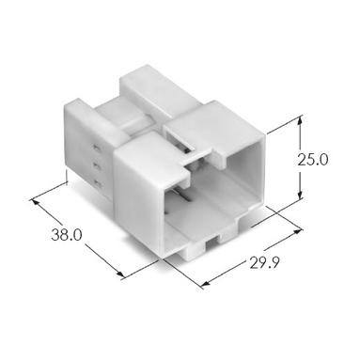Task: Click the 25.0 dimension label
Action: click(312, 160)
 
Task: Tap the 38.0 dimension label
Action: click(67, 235)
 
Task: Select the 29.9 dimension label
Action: click(264, 263)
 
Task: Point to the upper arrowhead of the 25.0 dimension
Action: click(301, 120)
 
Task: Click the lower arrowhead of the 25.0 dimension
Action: click(301, 194)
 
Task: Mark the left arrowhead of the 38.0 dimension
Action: click(37, 203)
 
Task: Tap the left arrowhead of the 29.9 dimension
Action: click(205, 284)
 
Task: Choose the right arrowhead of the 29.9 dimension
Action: click(298, 231)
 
